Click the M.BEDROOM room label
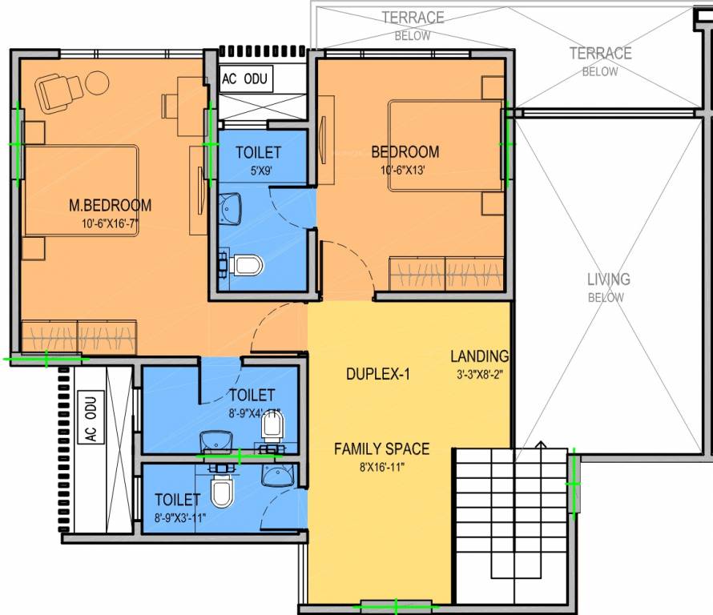click(x=110, y=206)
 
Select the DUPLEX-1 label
click(x=378, y=374)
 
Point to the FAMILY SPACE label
click(x=381, y=448)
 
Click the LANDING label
click(x=479, y=356)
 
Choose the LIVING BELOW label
click(x=609, y=287)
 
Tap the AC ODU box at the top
click(x=247, y=79)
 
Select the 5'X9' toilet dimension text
click(x=258, y=170)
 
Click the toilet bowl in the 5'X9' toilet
click(x=247, y=263)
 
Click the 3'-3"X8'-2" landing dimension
click(x=479, y=374)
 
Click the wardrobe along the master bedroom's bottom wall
click(x=79, y=335)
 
